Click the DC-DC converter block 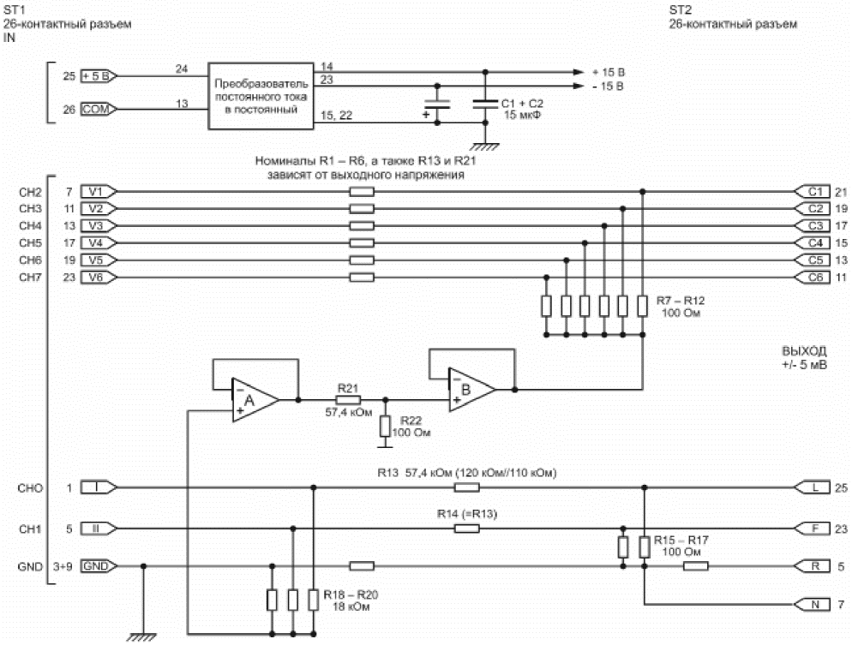click(x=261, y=96)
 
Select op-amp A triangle click(x=255, y=400)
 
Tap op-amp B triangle click(x=471, y=389)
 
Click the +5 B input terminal click(x=99, y=76)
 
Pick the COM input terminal click(x=99, y=109)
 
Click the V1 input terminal click(x=99, y=192)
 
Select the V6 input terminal click(x=99, y=278)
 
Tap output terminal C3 click(x=813, y=226)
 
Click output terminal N click(x=813, y=604)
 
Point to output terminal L click(x=813, y=487)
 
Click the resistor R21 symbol click(x=348, y=400)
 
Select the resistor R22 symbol click(x=385, y=427)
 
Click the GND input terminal click(x=99, y=566)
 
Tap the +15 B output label click(x=608, y=72)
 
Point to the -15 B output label click(x=608, y=87)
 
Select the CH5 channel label click(x=31, y=242)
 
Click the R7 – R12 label click(x=681, y=301)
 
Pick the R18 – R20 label click(x=351, y=594)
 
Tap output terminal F click(x=813, y=529)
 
